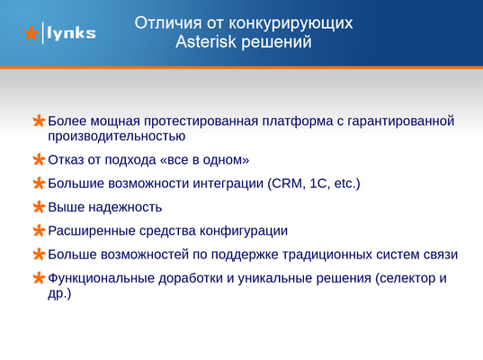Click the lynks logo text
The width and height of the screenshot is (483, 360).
point(71,33)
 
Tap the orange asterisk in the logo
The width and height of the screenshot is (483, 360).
point(31,33)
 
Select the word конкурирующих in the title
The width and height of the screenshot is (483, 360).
point(291,23)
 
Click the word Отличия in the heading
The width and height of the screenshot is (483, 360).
point(168,23)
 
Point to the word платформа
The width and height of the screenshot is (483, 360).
point(297,121)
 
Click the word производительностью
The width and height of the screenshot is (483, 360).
point(116,136)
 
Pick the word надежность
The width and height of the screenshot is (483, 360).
point(125,207)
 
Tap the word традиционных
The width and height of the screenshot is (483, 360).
point(326,255)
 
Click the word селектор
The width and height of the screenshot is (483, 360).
point(407,278)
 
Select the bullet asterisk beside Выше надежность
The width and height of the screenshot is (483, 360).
point(39,207)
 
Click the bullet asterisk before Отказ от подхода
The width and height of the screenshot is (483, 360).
point(39,159)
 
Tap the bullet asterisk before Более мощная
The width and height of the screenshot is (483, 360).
point(39,121)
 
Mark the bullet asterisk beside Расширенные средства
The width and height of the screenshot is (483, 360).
point(39,230)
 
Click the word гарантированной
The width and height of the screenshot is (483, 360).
point(401,121)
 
